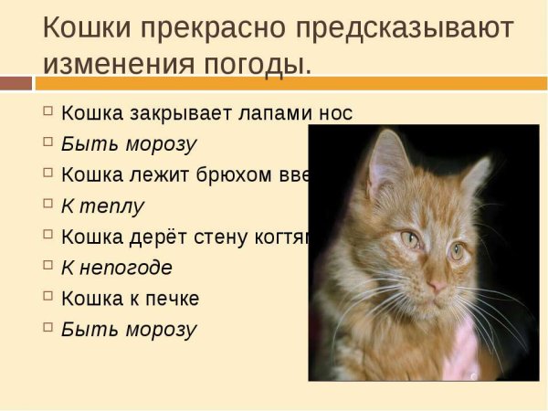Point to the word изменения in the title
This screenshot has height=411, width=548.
point(120,64)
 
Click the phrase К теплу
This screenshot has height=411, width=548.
point(102,205)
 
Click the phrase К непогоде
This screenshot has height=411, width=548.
point(116,268)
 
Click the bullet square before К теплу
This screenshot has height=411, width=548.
point(48,204)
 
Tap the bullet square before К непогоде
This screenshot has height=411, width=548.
point(48,266)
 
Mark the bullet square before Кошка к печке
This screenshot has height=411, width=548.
point(48,297)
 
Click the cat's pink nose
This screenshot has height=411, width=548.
point(439,287)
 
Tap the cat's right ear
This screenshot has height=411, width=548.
point(477,174)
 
